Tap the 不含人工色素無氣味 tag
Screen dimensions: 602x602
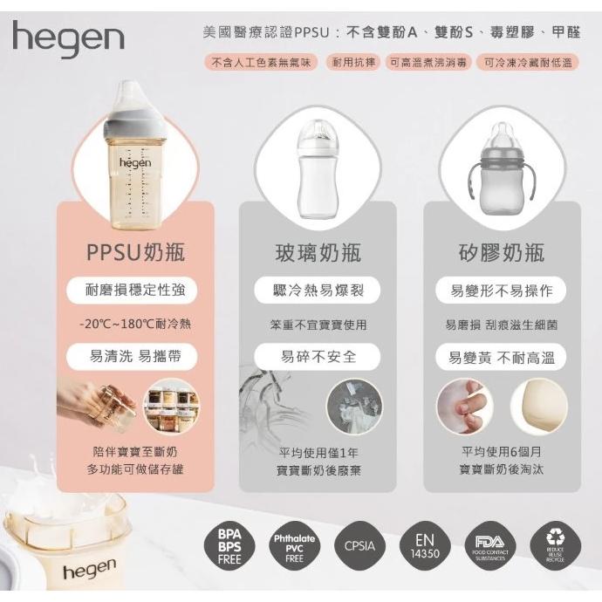coord(261,63)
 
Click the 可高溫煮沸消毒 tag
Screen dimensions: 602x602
coord(428,63)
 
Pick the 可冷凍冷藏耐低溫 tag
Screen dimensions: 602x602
coord(530,63)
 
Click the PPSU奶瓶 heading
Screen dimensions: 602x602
coord(135,253)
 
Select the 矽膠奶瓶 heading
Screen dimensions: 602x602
coord(501,253)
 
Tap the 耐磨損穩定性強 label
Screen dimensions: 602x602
coord(135,291)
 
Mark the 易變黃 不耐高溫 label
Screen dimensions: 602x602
coord(501,357)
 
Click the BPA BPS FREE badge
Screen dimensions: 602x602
coord(230,545)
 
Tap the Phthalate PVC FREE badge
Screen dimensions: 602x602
coord(294,545)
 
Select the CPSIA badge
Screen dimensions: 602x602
coord(359,546)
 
